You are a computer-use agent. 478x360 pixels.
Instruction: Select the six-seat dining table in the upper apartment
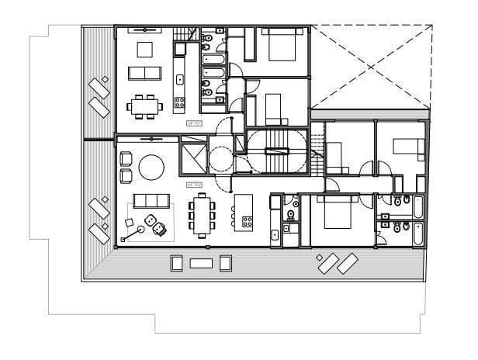coord(145,104)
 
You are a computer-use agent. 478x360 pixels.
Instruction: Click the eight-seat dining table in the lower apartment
coord(202,215)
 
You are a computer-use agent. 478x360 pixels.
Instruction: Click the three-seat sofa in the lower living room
coord(150,201)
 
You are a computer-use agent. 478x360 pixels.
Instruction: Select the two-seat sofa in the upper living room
coord(145,73)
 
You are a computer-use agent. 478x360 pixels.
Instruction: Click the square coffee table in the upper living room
coord(145,50)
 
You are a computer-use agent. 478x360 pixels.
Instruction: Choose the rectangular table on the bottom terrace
coord(201,263)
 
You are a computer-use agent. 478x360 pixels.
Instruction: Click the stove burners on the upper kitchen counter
coord(179,102)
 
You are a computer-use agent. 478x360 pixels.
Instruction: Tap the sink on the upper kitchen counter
coord(180,79)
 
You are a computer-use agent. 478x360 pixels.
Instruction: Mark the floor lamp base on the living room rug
coord(141,230)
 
